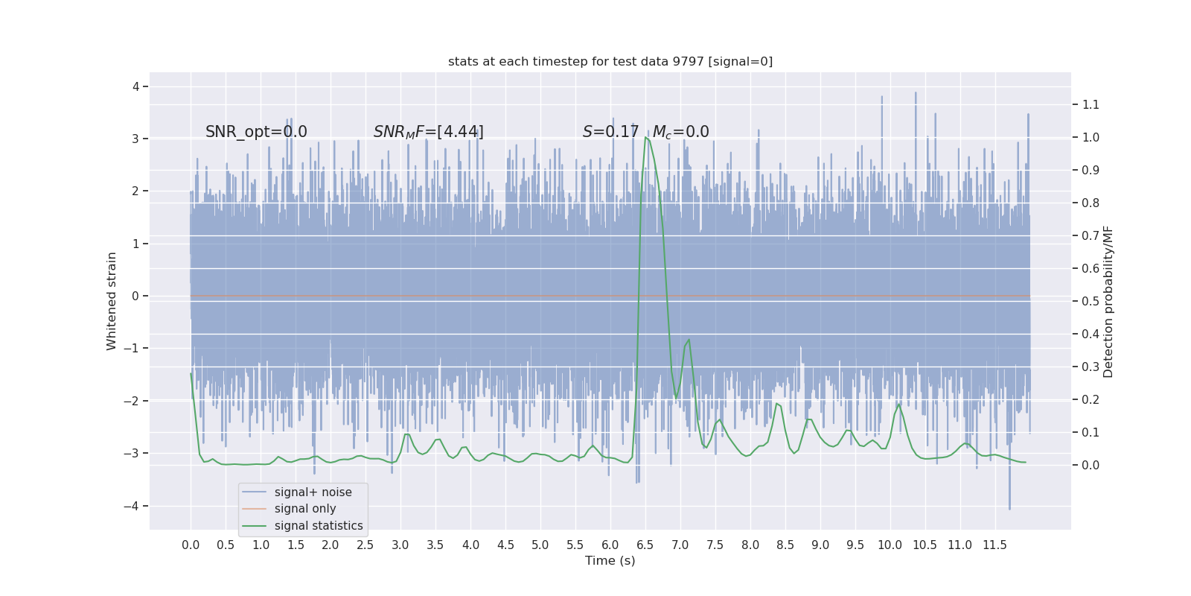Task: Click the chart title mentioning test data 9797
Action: point(610,62)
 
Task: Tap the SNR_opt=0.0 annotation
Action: point(256,132)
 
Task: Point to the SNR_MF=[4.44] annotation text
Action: point(428,132)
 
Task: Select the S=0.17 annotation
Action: point(610,132)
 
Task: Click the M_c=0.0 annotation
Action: point(680,132)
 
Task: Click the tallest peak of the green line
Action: point(645,137)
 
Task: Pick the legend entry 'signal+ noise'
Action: point(313,492)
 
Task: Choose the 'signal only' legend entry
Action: point(305,509)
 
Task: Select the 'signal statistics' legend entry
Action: point(319,526)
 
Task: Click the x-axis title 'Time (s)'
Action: point(610,561)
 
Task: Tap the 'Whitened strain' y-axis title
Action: point(112,301)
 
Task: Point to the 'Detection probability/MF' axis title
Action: point(1108,302)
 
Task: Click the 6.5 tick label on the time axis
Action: point(645,545)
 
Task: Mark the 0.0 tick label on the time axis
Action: point(191,545)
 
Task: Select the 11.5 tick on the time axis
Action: point(994,545)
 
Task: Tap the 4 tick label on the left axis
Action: point(135,86)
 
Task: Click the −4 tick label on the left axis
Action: point(132,506)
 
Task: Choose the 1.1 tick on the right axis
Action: point(1091,104)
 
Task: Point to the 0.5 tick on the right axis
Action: point(1091,301)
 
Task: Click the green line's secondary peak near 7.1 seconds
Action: point(689,340)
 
